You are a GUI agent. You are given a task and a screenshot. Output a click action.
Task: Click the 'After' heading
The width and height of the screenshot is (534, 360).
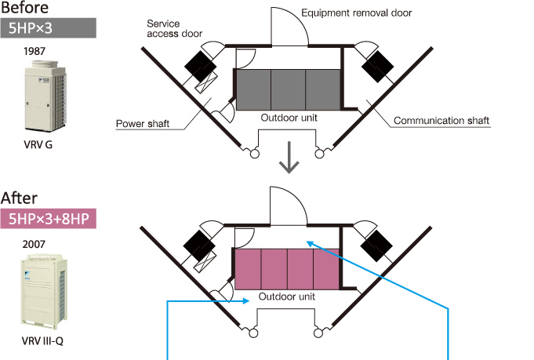click(x=20, y=198)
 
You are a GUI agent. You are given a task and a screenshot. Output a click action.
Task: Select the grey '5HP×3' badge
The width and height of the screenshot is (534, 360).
click(x=49, y=28)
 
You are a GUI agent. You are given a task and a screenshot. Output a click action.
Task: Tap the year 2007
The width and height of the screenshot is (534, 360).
click(x=35, y=243)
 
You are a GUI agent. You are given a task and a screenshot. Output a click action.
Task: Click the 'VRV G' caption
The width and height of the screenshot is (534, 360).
click(x=38, y=145)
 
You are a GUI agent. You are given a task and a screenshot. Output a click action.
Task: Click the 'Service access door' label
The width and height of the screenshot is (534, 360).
click(x=174, y=29)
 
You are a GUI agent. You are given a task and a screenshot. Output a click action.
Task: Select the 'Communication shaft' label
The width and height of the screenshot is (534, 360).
click(x=441, y=121)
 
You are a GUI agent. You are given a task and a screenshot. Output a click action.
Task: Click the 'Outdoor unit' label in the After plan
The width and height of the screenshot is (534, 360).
click(x=287, y=297)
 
